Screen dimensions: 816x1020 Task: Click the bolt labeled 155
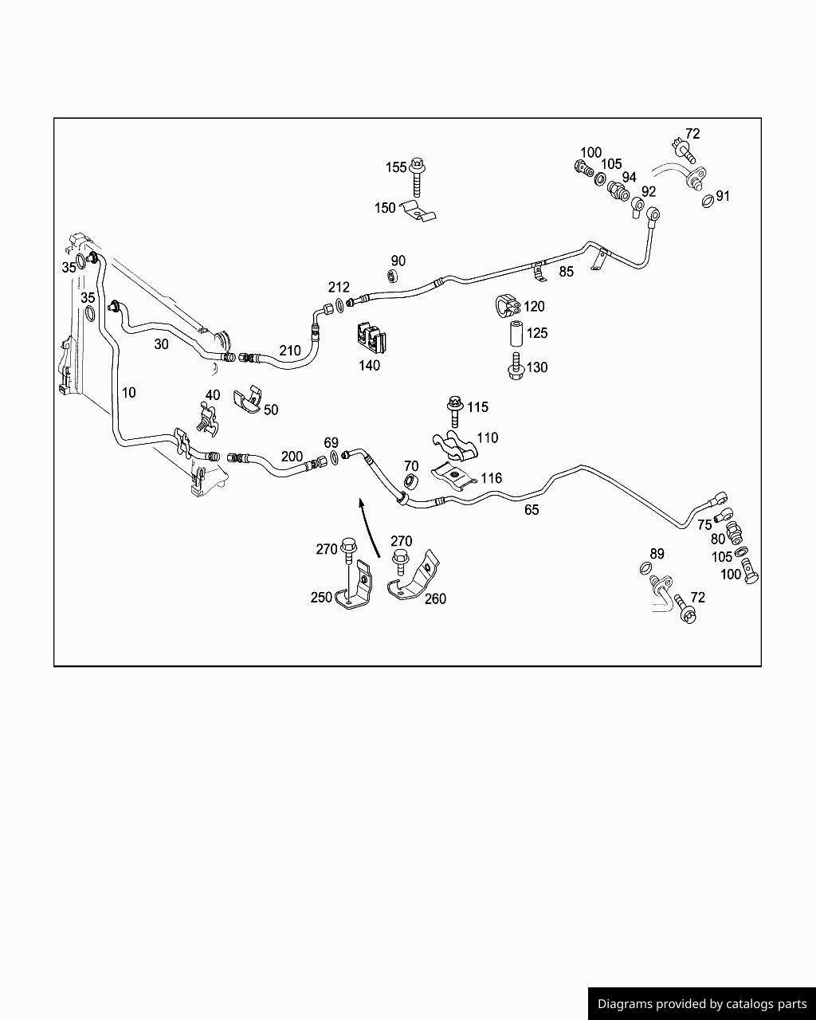point(418,177)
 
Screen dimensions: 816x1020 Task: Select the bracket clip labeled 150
point(418,211)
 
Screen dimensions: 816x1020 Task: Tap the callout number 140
point(370,366)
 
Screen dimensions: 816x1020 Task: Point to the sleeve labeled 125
point(516,334)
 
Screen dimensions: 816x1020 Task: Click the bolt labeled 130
point(516,367)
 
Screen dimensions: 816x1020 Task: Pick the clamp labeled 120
point(508,306)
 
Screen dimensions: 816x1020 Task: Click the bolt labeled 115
point(455,411)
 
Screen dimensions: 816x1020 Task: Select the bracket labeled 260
point(414,576)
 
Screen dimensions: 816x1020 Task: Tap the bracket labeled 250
point(355,586)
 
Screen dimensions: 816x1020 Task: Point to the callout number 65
point(532,509)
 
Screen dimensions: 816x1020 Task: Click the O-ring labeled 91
point(708,201)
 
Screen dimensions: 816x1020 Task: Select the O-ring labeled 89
point(645,567)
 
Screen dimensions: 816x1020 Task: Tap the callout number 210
point(290,351)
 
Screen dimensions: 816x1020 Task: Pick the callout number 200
point(292,457)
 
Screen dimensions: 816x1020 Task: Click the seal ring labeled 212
point(340,305)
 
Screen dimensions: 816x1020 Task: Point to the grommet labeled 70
point(410,481)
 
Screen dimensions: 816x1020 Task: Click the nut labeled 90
point(392,276)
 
